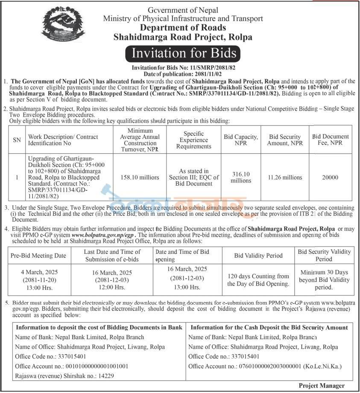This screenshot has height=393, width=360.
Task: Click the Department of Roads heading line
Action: coord(183,28)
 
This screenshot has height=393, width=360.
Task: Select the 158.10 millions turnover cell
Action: coord(140,177)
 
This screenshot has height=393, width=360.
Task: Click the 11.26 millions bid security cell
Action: coord(285,177)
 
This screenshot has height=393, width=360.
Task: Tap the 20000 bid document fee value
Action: coord(330,177)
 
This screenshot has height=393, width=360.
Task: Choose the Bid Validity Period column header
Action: coord(258,256)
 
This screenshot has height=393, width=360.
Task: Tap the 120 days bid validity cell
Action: coord(258,280)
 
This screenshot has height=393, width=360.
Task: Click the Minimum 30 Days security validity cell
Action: coord(324,279)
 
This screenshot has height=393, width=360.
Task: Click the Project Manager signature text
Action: coord(322,385)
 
